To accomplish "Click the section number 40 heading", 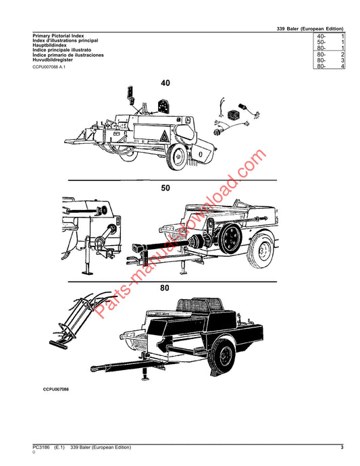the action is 165,82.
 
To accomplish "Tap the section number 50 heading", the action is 165,188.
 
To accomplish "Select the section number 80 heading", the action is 164,288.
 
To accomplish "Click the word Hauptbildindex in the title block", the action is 49,45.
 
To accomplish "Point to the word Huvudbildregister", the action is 53,59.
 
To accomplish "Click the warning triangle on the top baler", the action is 164,137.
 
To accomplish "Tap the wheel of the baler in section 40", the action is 177,156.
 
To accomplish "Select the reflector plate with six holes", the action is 163,106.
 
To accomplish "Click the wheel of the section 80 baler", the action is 222,357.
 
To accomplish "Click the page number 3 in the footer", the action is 342,447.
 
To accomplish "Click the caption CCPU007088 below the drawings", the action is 56,389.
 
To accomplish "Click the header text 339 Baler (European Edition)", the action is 310,29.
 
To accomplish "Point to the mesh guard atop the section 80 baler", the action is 199,305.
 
